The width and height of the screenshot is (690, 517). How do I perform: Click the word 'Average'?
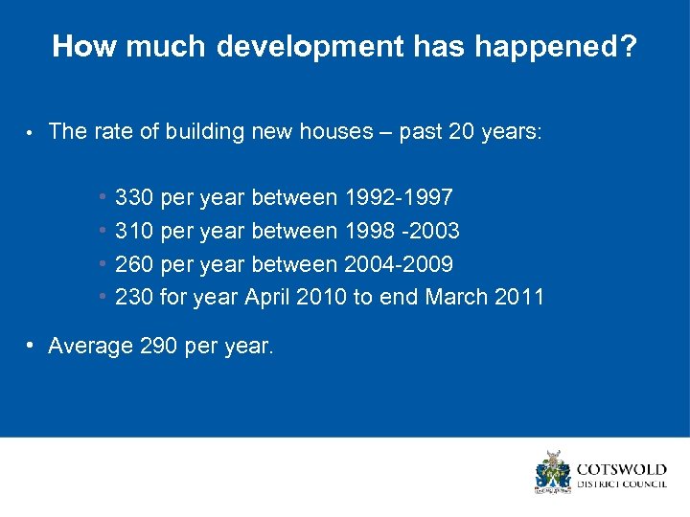(x=90, y=347)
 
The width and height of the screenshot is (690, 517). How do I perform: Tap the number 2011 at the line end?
(x=519, y=297)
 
